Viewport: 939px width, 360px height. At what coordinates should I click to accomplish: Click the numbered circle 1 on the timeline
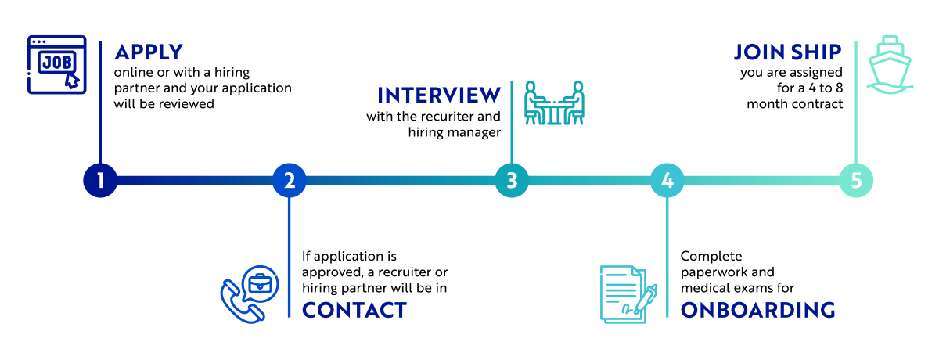[100, 181]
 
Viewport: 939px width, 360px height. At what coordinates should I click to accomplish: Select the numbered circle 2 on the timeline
[290, 181]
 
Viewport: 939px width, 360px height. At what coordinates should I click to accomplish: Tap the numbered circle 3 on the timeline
[512, 181]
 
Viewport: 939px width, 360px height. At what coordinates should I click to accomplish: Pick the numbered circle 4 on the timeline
[667, 181]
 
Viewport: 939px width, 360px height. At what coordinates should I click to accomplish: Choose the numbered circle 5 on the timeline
[856, 181]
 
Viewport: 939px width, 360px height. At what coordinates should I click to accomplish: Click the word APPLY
[149, 53]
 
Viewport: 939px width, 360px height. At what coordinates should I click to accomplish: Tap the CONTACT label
[354, 310]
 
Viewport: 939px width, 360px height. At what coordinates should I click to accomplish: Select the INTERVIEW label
[439, 95]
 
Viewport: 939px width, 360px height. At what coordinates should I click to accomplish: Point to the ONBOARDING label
[757, 310]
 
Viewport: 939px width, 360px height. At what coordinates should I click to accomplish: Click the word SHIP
[818, 52]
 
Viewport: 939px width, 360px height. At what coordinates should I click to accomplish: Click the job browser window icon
[56, 65]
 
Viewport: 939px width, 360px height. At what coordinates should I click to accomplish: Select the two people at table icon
[554, 103]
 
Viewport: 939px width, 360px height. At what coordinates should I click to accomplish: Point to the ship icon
[890, 65]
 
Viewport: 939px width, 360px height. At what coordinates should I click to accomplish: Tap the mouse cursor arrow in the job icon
[72, 79]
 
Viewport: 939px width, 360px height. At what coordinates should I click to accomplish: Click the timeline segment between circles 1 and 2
[195, 181]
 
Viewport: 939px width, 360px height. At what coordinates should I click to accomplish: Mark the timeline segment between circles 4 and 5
[761, 181]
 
